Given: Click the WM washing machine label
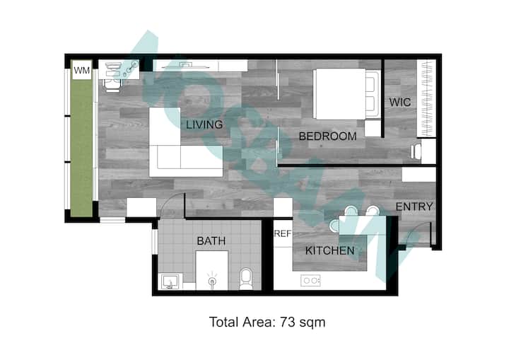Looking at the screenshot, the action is click(x=81, y=70).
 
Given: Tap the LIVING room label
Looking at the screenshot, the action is click(x=204, y=124).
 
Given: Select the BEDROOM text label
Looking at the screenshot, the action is click(x=327, y=136).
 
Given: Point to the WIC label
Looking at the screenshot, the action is click(x=400, y=103).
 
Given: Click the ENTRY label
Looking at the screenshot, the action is click(x=414, y=207).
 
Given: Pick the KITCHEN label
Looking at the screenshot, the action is click(x=330, y=250).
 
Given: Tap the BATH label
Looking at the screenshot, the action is click(x=211, y=240).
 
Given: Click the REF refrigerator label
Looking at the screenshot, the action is click(x=282, y=233).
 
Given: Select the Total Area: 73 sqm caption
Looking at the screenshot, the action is click(x=267, y=323).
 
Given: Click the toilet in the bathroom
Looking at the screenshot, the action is click(x=246, y=279).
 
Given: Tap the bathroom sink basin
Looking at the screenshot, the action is click(x=170, y=281).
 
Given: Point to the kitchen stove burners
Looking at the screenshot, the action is click(x=310, y=280).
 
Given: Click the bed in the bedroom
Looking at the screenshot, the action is click(x=346, y=94).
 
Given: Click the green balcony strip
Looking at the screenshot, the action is click(x=81, y=148).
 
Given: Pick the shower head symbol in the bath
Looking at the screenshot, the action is click(x=212, y=280).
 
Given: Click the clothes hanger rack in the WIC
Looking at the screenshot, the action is click(x=426, y=98).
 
